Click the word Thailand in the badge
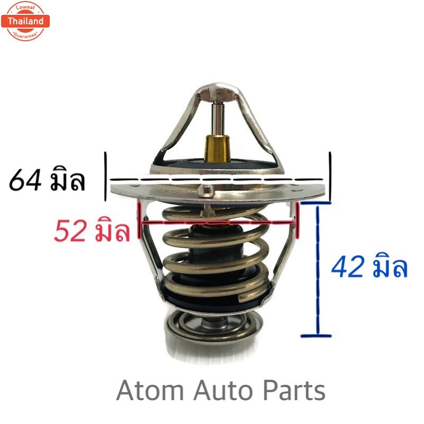25,21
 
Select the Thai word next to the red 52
112,232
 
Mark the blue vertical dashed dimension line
318,270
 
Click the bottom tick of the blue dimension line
316,335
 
